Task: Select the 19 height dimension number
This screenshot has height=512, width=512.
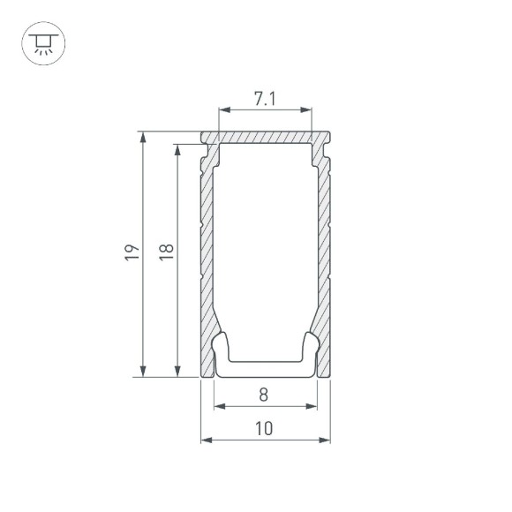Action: [132, 253]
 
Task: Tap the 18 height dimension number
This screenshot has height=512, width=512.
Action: [168, 253]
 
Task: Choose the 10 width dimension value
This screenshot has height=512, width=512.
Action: [264, 428]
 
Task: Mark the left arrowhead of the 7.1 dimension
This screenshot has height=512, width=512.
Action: [222, 110]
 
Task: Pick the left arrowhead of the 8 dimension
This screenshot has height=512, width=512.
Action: [218, 406]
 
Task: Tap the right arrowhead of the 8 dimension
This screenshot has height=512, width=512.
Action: [312, 406]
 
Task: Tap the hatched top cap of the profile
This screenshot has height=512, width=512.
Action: [265, 139]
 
